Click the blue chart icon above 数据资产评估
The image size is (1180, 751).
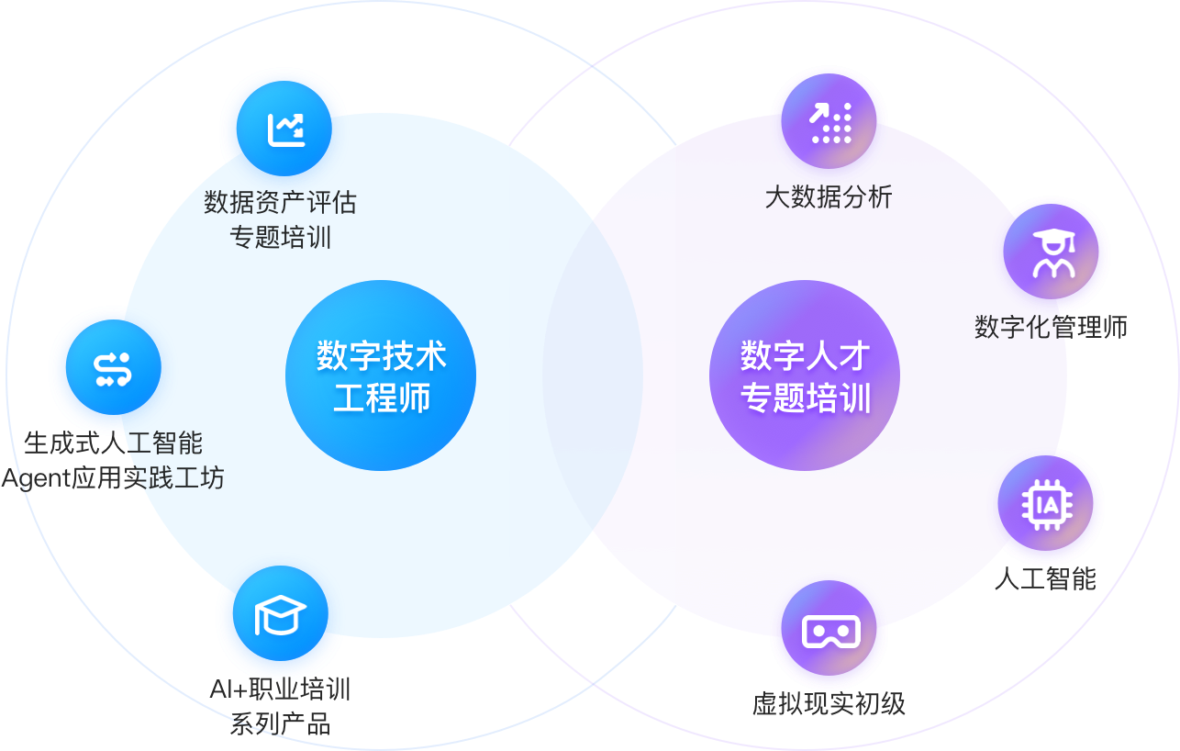click(284, 129)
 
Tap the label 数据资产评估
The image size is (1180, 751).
click(280, 201)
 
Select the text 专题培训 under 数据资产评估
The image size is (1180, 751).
click(280, 238)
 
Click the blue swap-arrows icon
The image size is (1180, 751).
click(114, 367)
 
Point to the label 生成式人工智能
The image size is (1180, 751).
click(113, 443)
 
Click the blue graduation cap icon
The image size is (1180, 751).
click(280, 613)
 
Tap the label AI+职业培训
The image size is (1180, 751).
click(280, 689)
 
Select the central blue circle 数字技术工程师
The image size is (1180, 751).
click(381, 375)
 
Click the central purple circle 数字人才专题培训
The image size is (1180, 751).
click(805, 375)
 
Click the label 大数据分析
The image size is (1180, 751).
click(829, 196)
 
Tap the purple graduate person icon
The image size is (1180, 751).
click(1052, 252)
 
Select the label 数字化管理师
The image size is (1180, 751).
click(1051, 327)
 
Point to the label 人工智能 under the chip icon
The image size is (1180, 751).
click(1045, 578)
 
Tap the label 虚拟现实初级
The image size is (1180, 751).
click(829, 704)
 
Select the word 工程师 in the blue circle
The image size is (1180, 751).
click(381, 398)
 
